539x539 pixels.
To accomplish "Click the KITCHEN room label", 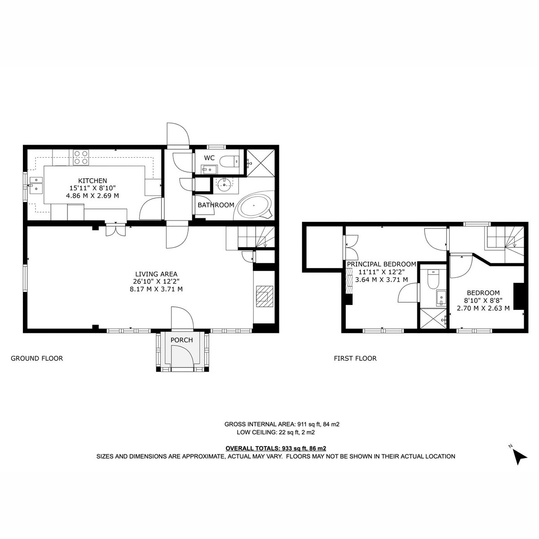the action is pyautogui.click(x=93, y=181).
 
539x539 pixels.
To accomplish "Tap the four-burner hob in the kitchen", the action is pyautogui.click(x=81, y=157).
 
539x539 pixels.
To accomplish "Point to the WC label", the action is pyautogui.click(x=209, y=158).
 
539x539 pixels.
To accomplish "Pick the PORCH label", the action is pyautogui.click(x=182, y=340).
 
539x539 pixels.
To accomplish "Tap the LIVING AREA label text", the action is pyautogui.click(x=156, y=274).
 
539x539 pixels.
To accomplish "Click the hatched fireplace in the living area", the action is pyautogui.click(x=265, y=296).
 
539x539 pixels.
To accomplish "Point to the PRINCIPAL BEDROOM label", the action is pyautogui.click(x=381, y=264).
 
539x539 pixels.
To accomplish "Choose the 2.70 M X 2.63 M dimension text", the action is pyautogui.click(x=483, y=308).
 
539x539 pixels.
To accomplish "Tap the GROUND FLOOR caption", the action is pyautogui.click(x=37, y=358).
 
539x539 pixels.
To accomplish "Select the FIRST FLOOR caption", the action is pyautogui.click(x=355, y=358).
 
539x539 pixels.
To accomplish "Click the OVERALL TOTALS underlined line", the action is pyautogui.click(x=276, y=448).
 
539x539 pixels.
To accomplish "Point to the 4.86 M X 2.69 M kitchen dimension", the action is pyautogui.click(x=93, y=195).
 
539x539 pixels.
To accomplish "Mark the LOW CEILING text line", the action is pyautogui.click(x=276, y=432).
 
